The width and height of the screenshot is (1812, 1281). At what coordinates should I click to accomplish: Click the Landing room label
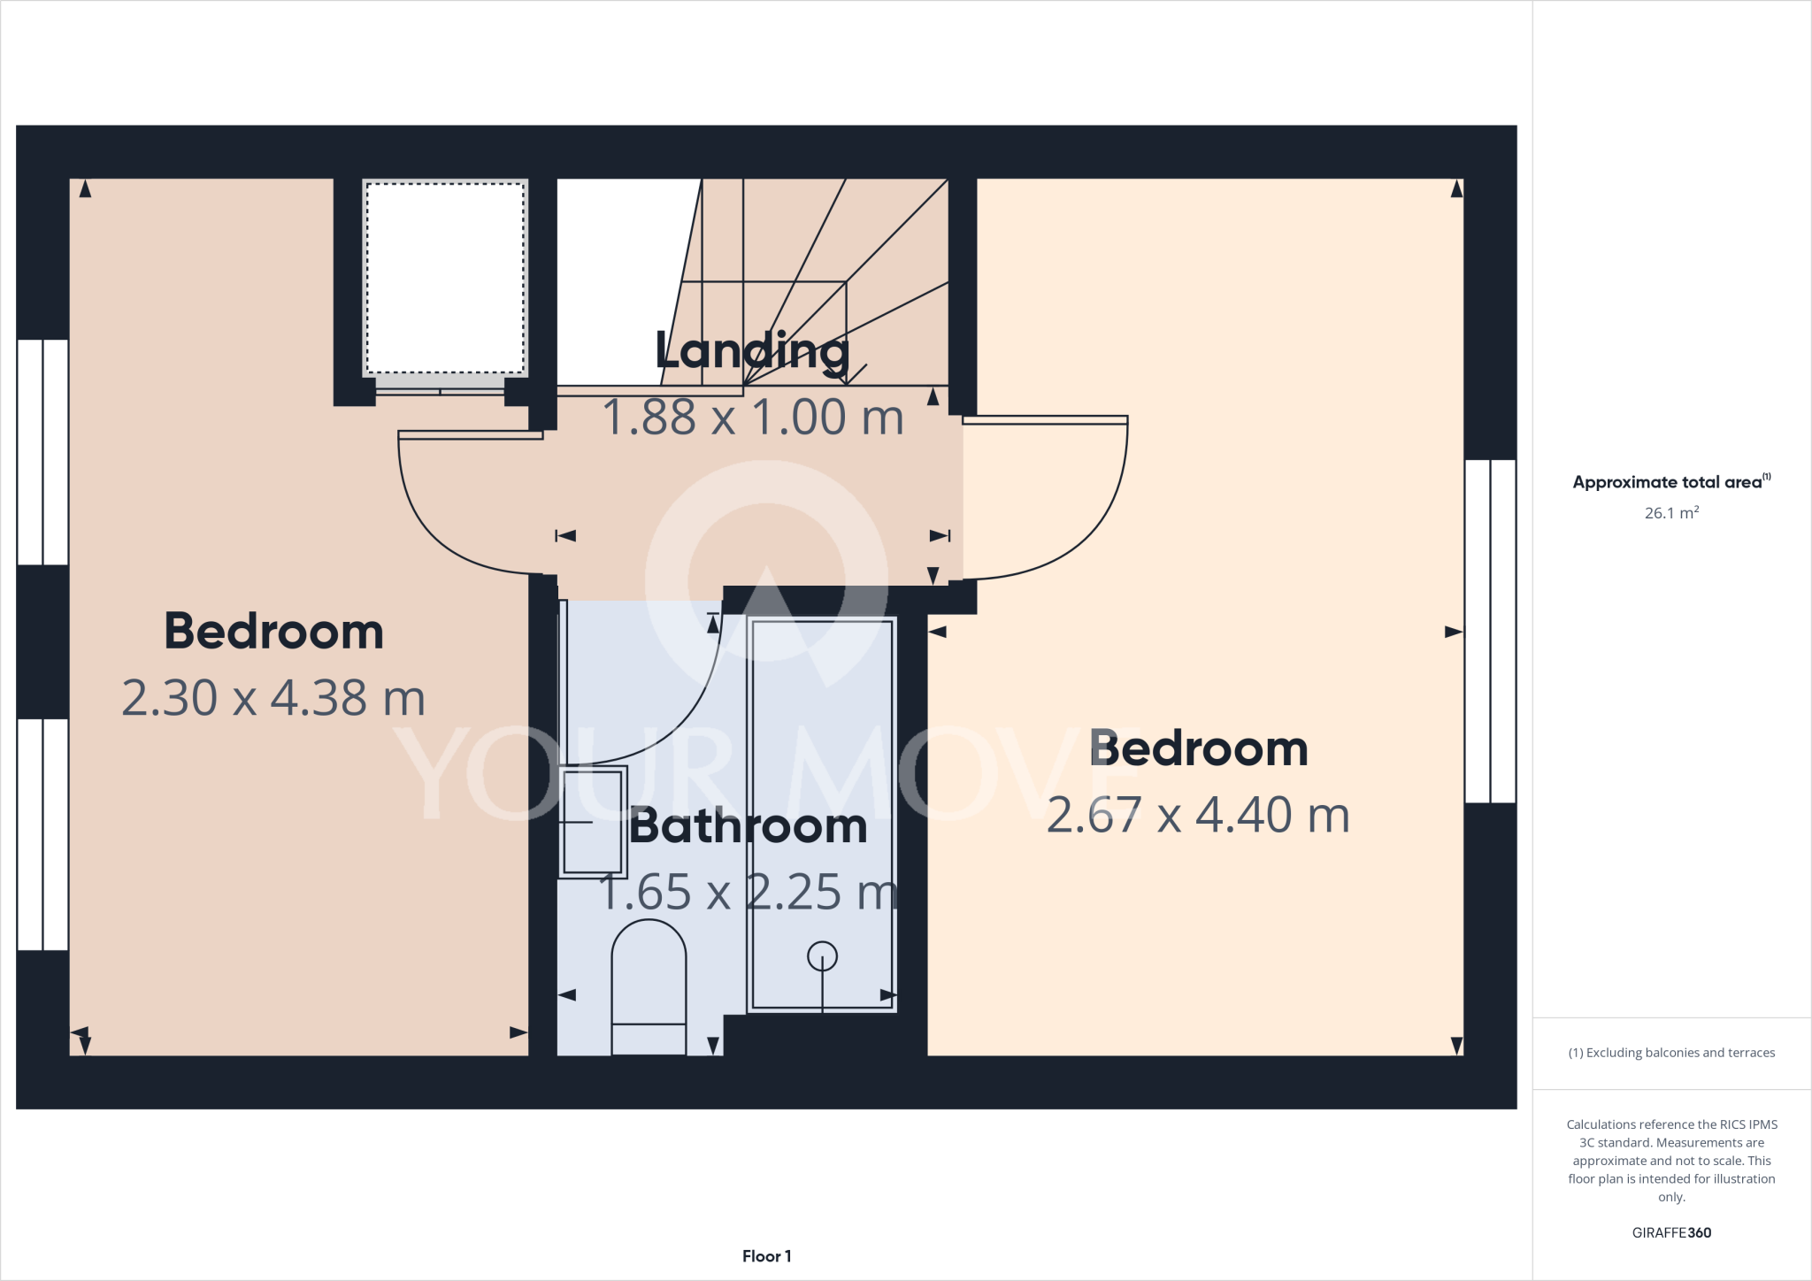pos(752,351)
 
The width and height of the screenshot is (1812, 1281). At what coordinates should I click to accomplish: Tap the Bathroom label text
pos(748,826)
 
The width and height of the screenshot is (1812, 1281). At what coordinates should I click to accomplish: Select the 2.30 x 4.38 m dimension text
pos(273,698)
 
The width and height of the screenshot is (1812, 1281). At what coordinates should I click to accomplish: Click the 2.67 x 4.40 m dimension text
pos(1198,815)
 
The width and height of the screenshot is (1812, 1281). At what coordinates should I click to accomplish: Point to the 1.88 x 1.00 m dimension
pos(753,418)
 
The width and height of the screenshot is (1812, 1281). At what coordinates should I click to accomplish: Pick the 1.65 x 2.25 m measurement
pos(748,892)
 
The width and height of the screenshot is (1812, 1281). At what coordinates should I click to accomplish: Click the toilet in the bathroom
pos(649,986)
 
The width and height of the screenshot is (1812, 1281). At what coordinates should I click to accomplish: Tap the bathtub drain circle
pos(822,956)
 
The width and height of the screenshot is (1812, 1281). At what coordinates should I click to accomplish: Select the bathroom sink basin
pos(592,822)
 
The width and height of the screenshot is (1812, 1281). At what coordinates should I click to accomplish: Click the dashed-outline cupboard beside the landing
pos(445,279)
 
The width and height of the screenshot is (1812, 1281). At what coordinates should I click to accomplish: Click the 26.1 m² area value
pos(1670,513)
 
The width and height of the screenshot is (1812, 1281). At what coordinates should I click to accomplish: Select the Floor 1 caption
pos(766,1256)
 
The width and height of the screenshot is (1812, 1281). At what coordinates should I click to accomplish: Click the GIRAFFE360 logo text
pos(1670,1232)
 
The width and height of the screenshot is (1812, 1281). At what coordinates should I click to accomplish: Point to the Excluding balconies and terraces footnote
pos(1670,1053)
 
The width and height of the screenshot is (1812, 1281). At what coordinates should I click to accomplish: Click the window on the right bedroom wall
pos(1490,631)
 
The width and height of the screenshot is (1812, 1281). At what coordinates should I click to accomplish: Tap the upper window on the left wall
pos(42,452)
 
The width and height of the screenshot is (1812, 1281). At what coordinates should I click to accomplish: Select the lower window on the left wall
pos(42,834)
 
